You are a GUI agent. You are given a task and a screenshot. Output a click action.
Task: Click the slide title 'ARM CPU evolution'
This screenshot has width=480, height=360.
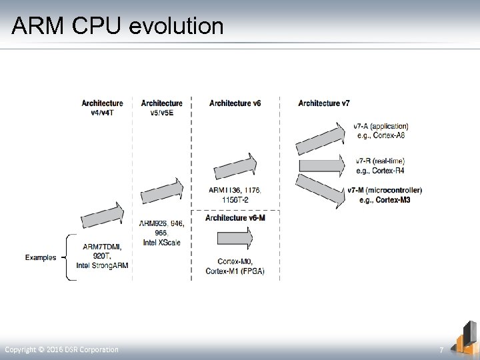[117, 25]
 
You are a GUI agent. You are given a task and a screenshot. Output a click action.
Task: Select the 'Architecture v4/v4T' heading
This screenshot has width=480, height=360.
[102, 107]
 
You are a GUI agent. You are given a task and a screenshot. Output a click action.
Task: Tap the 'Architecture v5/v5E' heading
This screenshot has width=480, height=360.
[161, 107]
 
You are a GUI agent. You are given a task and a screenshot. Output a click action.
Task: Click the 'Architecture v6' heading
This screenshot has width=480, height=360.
[235, 103]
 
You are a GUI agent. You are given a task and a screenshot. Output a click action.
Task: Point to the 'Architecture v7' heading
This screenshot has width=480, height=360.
[324, 103]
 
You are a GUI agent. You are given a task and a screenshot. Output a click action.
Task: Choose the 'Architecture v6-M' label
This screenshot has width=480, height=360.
[235, 218]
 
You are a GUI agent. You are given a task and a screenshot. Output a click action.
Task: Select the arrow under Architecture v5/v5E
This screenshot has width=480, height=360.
[161, 192]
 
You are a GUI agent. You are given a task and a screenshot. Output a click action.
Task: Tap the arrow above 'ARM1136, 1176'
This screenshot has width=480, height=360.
[235, 167]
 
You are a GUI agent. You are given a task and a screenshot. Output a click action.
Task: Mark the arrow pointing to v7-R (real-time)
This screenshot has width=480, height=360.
[323, 164]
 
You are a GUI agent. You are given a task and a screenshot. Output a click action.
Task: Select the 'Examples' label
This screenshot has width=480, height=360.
[41, 257]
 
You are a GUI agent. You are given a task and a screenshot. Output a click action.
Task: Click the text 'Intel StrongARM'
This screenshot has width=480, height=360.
[102, 265]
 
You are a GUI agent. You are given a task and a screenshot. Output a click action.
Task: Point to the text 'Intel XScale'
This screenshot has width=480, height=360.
[161, 243]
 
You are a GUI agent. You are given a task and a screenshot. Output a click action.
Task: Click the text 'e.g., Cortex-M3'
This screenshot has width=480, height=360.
[385, 199]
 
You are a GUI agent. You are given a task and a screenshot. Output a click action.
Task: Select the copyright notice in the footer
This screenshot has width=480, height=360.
[62, 350]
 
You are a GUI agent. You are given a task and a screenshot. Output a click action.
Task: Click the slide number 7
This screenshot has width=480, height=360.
[441, 350]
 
